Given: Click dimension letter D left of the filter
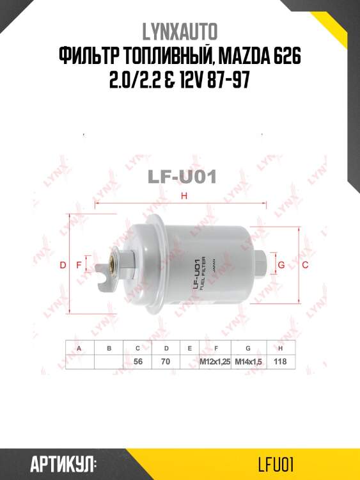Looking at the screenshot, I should coord(63,265).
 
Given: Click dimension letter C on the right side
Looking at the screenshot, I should coord(306,264).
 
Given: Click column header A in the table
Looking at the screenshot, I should coord(79,348).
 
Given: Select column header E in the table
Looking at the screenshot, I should coord(189,348).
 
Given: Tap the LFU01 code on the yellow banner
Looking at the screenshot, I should coord(276,463).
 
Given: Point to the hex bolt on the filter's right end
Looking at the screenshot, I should coord(263,262).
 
